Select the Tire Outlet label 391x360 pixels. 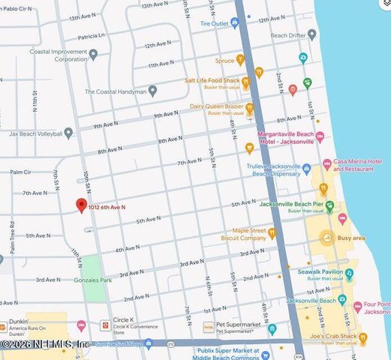[x=214, y=23]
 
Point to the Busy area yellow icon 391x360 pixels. [x=326, y=238]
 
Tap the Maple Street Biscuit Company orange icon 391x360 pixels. [x=272, y=234]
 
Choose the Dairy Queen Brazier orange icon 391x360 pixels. [x=249, y=108]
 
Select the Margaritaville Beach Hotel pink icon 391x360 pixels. [x=320, y=136]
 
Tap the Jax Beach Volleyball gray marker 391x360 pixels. [x=68, y=133]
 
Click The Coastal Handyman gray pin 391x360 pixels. [x=152, y=91]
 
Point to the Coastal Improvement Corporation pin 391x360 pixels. [x=93, y=55]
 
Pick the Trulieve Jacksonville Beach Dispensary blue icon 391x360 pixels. [x=306, y=169]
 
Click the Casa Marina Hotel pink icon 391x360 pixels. [x=326, y=164]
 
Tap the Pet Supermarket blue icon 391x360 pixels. [x=272, y=328]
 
